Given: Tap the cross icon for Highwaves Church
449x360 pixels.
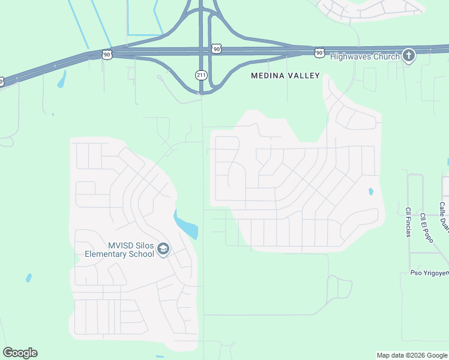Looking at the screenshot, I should [408, 56].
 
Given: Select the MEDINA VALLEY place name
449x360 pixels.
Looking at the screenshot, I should [285, 76].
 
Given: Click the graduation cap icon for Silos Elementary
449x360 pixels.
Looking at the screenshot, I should [163, 249].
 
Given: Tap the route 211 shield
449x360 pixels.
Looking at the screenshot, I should [201, 75].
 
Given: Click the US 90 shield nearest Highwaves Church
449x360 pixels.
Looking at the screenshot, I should [319, 53].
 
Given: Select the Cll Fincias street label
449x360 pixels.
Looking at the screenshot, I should [408, 222].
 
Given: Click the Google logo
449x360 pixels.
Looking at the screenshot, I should [20, 353].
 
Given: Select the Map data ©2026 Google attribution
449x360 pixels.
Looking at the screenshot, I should [412, 355].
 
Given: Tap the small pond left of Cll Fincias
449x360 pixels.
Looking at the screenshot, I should [370, 192].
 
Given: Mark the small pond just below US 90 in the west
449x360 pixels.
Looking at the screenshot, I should [61, 80].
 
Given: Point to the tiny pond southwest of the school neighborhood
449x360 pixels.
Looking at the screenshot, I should [29, 278].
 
